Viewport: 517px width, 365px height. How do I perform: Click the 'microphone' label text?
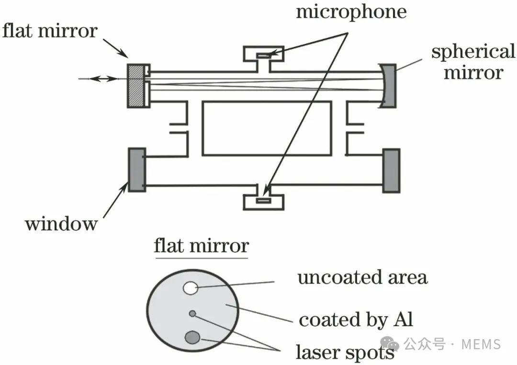[x=351, y=12]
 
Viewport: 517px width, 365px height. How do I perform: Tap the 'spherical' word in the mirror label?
[x=473, y=52]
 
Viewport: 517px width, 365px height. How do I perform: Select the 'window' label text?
[x=61, y=224]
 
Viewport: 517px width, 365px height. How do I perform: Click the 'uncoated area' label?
[x=363, y=277]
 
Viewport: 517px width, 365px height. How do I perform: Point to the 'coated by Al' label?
[x=356, y=320]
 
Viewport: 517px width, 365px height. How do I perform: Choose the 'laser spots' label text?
[x=345, y=353]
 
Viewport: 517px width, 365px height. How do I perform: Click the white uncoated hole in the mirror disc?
[x=190, y=288]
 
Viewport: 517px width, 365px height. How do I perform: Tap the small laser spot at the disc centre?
[x=192, y=314]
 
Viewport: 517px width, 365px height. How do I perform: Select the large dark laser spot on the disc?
[x=192, y=337]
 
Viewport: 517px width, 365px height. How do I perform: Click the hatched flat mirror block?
[x=136, y=86]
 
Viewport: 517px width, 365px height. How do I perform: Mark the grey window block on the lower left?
[x=137, y=170]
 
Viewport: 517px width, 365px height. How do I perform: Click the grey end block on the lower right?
[x=392, y=171]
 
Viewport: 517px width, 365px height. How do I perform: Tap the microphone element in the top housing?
[x=264, y=56]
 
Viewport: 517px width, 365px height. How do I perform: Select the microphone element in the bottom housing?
[x=263, y=200]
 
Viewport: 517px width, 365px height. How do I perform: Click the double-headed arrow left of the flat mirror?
[x=103, y=79]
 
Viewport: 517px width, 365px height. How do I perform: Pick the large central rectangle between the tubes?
[x=267, y=128]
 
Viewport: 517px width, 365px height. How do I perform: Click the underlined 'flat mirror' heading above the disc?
[x=201, y=247]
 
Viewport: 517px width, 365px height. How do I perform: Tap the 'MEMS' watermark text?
[x=481, y=344]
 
